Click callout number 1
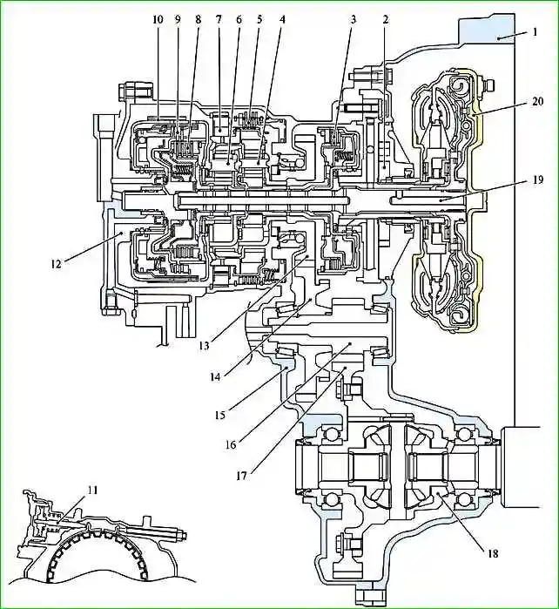535,32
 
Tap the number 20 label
537,102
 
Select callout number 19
538,180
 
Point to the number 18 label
493,553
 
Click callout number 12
56,264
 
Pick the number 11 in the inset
92,491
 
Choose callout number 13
205,345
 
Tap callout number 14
215,376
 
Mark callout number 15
219,415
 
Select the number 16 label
231,444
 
